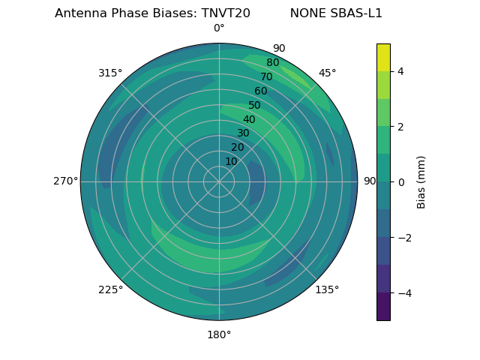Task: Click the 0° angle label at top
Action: pos(219,28)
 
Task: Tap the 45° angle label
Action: pos(327,73)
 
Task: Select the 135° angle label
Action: pos(327,289)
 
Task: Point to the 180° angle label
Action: pos(219,334)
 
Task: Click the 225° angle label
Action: pos(110,289)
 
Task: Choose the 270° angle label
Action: pos(65,181)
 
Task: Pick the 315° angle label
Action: pos(110,73)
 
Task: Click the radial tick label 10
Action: pos(231,161)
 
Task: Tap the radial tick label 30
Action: pos(243,133)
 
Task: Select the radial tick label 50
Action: pos(255,105)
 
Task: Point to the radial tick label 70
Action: pos(266,76)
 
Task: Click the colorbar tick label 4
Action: pos(400,71)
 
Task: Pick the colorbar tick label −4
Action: pos(403,293)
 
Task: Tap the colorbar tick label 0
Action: pos(400,182)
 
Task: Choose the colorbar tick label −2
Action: pos(403,238)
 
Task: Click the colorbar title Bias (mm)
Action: pos(421,182)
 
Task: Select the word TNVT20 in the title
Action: pos(226,13)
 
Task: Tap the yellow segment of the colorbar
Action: pos(383,57)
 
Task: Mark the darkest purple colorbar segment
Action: pos(383,307)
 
